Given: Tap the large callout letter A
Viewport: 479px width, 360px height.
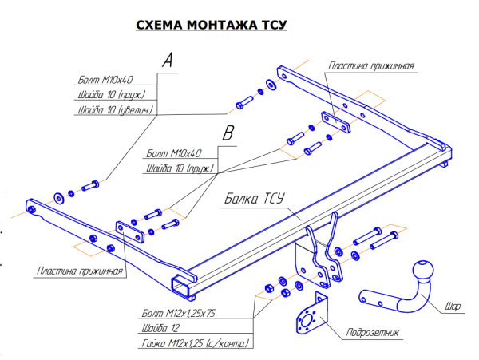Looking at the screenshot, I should click(166, 59).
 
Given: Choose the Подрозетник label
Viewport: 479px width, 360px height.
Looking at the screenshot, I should click(370, 334).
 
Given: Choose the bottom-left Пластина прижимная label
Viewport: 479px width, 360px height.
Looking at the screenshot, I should click(79, 272).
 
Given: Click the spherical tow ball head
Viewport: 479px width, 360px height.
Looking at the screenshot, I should click(422, 271).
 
